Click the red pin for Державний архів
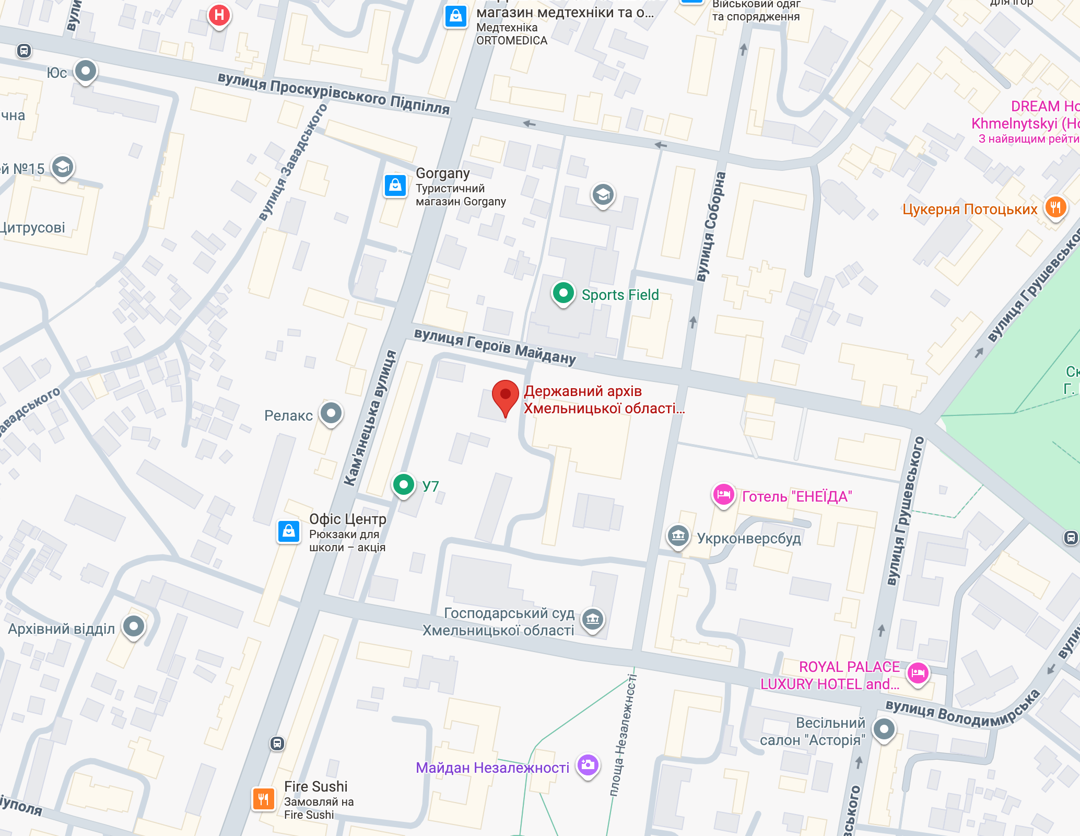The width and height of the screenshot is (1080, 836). click(505, 395)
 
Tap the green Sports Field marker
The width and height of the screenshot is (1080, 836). click(563, 293)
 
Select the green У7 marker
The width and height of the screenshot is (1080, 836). click(403, 485)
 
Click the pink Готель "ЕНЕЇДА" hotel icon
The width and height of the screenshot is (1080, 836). click(724, 494)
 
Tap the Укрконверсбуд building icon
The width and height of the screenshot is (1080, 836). click(678, 536)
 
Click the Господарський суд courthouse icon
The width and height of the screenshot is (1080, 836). click(592, 620)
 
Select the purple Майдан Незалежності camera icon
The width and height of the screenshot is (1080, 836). click(588, 765)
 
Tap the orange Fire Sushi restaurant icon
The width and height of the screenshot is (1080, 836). click(263, 798)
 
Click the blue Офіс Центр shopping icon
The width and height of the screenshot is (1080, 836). click(288, 532)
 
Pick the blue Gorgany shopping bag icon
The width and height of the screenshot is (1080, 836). click(395, 185)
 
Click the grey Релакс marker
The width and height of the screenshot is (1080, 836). click(331, 413)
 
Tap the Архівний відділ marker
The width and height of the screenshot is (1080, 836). click(134, 625)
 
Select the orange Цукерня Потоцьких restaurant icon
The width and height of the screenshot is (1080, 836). click(1055, 207)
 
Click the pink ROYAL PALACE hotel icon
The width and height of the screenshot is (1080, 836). click(918, 673)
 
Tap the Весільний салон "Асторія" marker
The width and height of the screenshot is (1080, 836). click(884, 728)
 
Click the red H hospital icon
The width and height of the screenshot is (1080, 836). click(219, 15)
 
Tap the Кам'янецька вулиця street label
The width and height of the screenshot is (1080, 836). click(370, 418)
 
